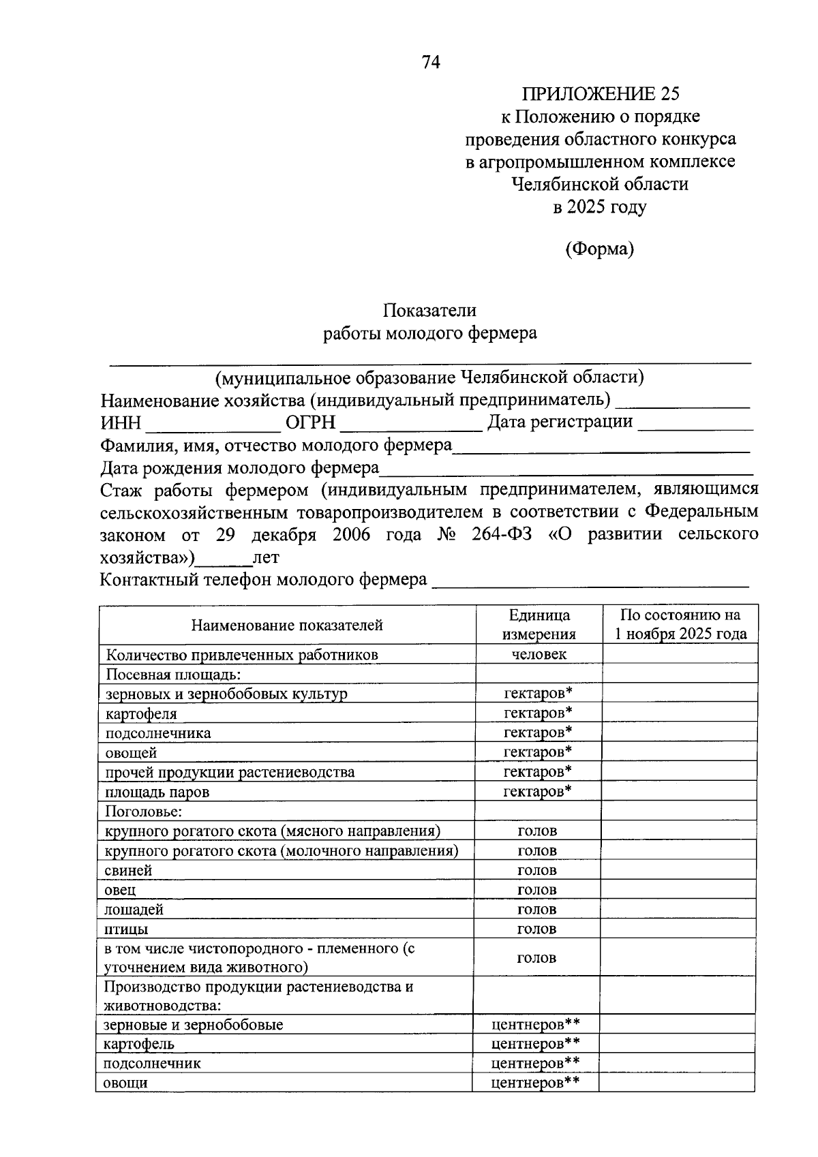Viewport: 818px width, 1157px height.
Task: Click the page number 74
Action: [431, 63]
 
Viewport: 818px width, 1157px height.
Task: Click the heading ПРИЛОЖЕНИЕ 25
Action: [601, 94]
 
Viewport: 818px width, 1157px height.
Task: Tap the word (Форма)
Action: [599, 249]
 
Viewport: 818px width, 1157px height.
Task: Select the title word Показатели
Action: [429, 311]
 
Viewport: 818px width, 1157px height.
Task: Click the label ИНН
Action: [121, 423]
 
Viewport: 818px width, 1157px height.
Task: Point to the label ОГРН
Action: [310, 423]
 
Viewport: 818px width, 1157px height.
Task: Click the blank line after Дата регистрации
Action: [695, 427]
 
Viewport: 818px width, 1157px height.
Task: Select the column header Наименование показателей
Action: [286, 625]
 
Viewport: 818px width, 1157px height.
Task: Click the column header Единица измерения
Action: [539, 625]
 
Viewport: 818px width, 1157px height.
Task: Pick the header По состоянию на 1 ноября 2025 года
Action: [680, 625]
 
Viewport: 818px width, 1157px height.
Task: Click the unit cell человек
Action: [539, 655]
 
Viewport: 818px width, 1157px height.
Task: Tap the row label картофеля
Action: [141, 714]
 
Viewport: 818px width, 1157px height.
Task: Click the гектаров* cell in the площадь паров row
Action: [537, 791]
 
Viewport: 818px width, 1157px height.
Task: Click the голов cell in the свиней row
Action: [537, 870]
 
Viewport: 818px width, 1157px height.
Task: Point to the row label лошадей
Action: [134, 910]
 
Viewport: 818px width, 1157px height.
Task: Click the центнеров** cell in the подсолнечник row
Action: [535, 1063]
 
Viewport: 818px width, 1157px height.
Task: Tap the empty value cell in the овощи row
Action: [677, 1083]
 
